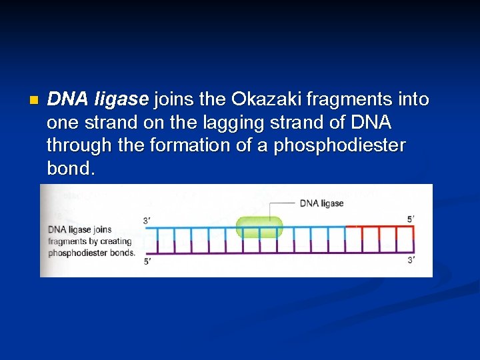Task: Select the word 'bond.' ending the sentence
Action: pos(71,168)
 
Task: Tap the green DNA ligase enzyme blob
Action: pos(260,227)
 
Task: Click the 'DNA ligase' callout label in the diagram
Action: pos(322,203)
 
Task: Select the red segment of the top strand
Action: pos(380,227)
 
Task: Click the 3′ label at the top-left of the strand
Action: pos(147,221)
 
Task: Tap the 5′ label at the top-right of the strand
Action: pos(410,218)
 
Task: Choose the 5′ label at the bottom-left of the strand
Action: pos(147,261)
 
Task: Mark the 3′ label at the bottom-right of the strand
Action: pos(411,260)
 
